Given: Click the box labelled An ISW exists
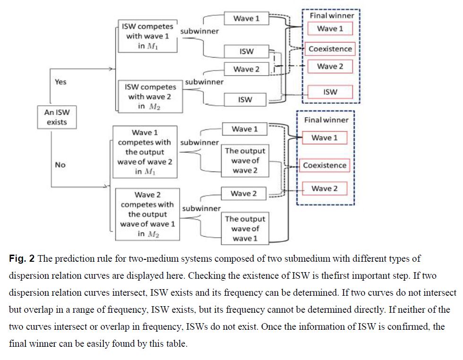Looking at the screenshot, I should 56,117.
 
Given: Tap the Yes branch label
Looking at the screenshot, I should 60,82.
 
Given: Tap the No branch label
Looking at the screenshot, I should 60,165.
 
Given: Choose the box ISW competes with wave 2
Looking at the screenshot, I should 150,96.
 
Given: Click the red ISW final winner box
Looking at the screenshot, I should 330,92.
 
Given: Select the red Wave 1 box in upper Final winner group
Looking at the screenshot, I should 330,28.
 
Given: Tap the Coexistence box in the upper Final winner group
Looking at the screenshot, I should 330,49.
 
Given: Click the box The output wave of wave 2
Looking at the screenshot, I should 245,161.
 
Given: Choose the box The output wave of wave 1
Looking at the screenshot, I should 245,229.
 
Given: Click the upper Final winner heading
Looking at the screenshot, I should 332,16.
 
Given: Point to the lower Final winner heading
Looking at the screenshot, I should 326,120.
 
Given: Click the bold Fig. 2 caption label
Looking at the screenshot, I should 22,259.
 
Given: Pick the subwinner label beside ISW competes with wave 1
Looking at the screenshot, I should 199,31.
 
